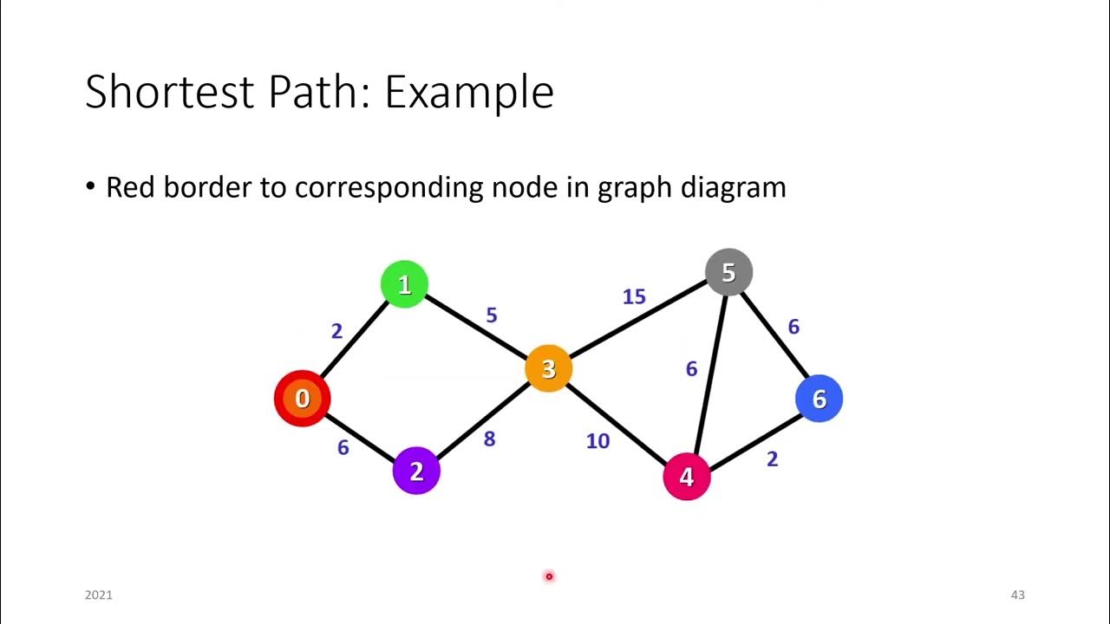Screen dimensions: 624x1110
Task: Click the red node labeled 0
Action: [x=302, y=399]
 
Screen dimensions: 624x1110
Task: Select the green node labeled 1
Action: [x=404, y=284]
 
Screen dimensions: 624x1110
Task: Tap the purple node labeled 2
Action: [x=416, y=471]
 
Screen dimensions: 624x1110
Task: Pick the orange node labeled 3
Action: [x=548, y=369]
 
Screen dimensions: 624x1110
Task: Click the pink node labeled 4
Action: [x=687, y=477]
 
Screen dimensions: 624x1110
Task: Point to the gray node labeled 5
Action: [x=728, y=273]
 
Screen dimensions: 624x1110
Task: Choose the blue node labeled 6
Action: [x=819, y=399]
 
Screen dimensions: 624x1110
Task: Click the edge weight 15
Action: [x=634, y=297]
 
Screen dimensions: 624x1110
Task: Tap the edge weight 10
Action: [x=597, y=441]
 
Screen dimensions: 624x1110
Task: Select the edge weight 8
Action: [x=489, y=439]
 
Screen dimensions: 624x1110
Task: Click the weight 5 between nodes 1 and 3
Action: [x=492, y=315]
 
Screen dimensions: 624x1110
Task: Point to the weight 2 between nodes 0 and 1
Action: [x=337, y=331]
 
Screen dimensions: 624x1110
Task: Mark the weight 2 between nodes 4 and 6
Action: [x=772, y=459]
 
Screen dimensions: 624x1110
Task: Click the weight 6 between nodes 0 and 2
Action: [x=343, y=448]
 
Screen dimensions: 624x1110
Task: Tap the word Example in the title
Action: [x=468, y=92]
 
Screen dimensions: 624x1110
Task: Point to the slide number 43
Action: [x=1017, y=595]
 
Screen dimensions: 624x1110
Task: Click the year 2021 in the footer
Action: [x=99, y=595]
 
